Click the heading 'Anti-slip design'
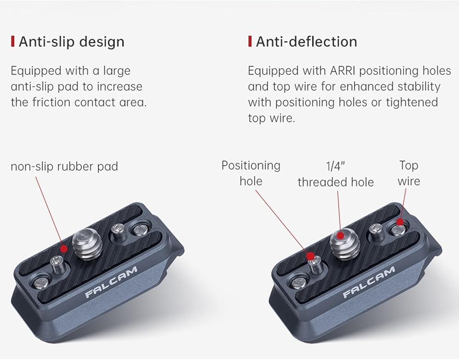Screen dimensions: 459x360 click(x=71, y=42)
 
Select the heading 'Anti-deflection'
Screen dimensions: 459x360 click(x=306, y=42)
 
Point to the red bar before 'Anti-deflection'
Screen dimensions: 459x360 click(x=250, y=42)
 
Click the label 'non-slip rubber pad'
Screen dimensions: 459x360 click(x=64, y=166)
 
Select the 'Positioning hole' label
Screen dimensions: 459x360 click(x=251, y=173)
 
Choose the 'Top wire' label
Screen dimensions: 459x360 click(x=409, y=173)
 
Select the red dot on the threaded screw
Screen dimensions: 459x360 click(x=340, y=235)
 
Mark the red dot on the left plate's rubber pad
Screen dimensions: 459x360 click(x=64, y=248)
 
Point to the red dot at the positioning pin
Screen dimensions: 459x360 click(x=311, y=255)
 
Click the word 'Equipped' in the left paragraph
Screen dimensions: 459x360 click(x=35, y=71)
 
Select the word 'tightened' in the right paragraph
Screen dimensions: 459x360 click(x=411, y=102)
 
